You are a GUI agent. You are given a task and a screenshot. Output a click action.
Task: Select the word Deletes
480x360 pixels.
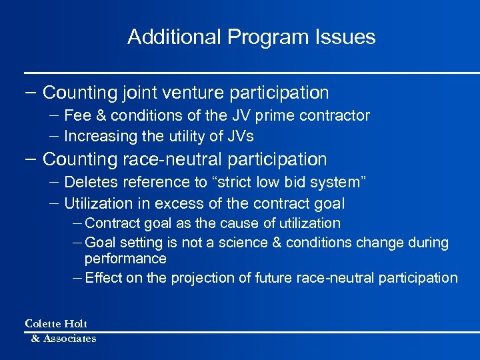coord(90,183)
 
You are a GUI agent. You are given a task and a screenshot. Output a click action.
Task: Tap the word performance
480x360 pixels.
coord(125,259)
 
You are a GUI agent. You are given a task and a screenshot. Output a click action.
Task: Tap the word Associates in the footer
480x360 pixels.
coord(69,339)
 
